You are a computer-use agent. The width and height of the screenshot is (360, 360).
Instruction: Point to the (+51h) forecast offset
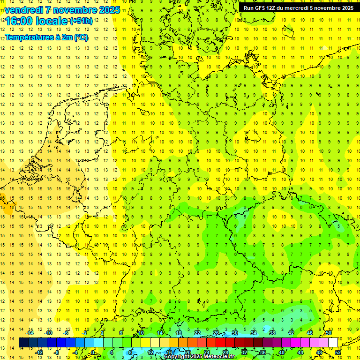coord(81,21)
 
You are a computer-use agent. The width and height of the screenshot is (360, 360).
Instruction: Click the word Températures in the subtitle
coord(29,37)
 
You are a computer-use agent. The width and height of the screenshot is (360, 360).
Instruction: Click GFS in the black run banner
coord(262,8)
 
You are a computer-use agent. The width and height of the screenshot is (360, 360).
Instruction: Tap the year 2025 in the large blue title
coord(107,10)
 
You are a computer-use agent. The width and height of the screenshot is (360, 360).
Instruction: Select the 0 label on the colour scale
coord(93,352)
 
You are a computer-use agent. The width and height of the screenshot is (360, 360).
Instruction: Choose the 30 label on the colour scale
coord(234,333)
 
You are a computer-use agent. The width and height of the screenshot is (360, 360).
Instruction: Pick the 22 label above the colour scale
coord(197,333)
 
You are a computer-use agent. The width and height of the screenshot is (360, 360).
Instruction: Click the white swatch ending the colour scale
coord(333,342)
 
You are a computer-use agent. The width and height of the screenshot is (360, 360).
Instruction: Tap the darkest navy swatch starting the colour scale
coord(23,342)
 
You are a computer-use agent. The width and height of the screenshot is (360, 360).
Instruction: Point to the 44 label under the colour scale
coord(300,352)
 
